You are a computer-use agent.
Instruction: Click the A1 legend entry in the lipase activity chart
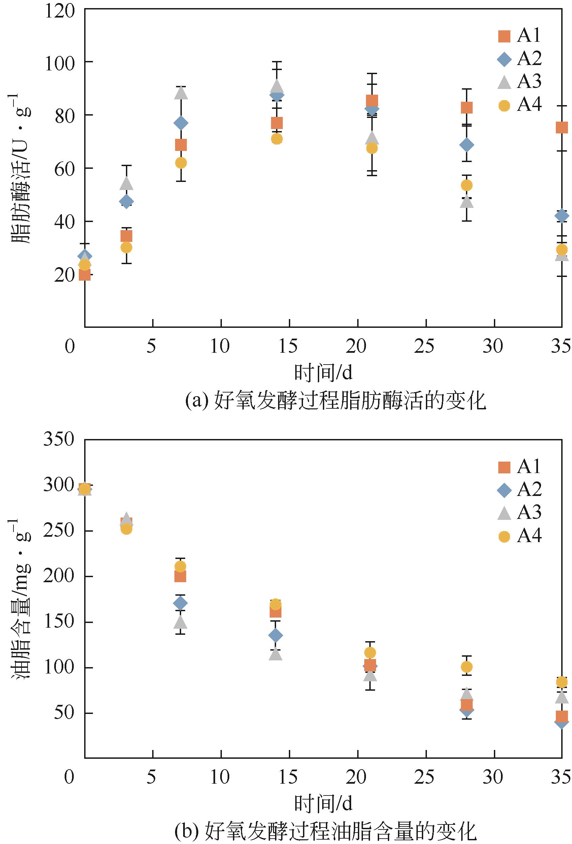pos(519,36)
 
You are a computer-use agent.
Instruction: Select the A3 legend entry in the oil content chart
pos(519,513)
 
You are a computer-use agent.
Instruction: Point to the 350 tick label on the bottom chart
pos(59,439)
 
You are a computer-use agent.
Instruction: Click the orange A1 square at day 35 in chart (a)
pos(561,127)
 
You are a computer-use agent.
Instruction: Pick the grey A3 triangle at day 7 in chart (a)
pos(181,93)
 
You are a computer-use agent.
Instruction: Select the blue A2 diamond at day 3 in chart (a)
pos(126,201)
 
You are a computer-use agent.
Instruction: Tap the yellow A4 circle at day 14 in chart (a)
pos(276,139)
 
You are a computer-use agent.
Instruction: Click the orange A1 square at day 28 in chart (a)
pos(466,108)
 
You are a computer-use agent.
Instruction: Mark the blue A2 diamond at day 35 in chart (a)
pos(562,216)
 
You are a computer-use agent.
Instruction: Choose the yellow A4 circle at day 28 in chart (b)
pos(466,667)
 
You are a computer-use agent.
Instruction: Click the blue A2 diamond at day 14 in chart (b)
pos(276,635)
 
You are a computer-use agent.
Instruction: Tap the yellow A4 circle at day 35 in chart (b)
pos(562,682)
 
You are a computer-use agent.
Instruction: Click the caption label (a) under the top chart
pos(196,401)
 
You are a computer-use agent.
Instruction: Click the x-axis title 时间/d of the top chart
pos(323,373)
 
